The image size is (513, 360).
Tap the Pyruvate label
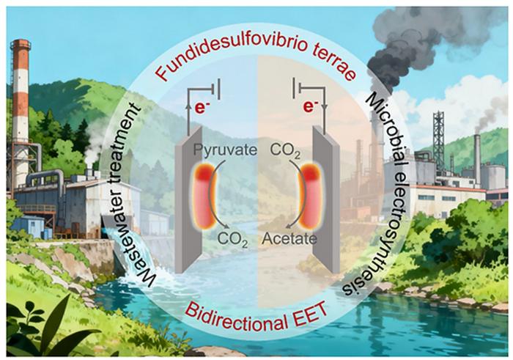tap(225, 150)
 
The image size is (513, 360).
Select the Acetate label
tap(289, 238)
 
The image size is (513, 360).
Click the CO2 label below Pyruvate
tap(232, 240)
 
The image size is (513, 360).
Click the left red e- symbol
tap(202, 108)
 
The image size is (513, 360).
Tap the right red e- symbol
tap(310, 106)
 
